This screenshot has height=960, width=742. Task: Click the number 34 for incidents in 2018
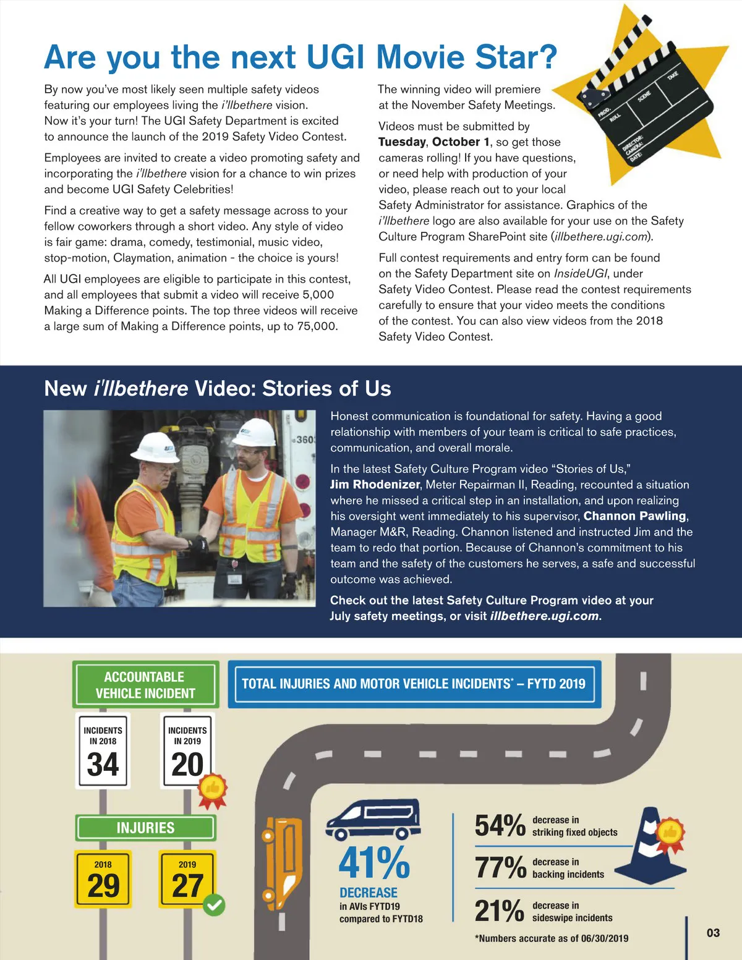[103, 764]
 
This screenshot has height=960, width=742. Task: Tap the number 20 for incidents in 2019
[187, 764]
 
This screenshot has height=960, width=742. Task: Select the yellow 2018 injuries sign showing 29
[103, 879]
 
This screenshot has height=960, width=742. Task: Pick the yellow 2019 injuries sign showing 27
[187, 879]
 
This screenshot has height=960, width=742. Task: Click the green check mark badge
[214, 906]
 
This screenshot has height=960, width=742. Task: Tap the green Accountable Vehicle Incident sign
[145, 685]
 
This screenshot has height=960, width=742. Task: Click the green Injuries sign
[145, 828]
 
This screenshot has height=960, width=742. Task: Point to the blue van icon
[373, 820]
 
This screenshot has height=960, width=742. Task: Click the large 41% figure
[374, 862]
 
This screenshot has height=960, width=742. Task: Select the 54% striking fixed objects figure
[500, 826]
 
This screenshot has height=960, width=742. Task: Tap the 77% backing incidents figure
[500, 868]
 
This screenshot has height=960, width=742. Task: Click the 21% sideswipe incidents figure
[500, 911]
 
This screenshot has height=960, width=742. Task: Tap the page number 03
[713, 933]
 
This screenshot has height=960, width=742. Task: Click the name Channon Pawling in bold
[635, 516]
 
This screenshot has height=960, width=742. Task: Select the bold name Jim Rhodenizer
[375, 485]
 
